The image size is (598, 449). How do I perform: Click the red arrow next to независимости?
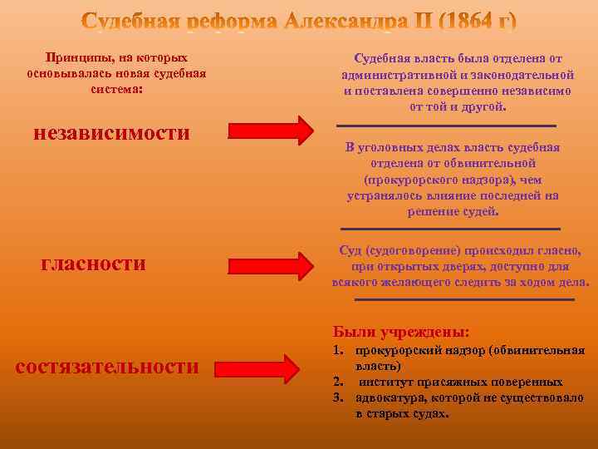click(270, 131)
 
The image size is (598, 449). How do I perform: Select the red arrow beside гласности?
click(270, 265)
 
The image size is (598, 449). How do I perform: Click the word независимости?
click(112, 132)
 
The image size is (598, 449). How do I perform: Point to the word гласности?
click(93, 264)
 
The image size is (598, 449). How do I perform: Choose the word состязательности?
click(107, 367)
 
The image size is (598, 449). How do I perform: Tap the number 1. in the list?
click(338, 351)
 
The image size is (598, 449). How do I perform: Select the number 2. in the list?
click(338, 382)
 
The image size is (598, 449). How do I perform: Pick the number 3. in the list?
click(338, 397)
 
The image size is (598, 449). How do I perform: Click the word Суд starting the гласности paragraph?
click(350, 250)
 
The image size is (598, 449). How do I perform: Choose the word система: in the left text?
click(116, 88)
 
